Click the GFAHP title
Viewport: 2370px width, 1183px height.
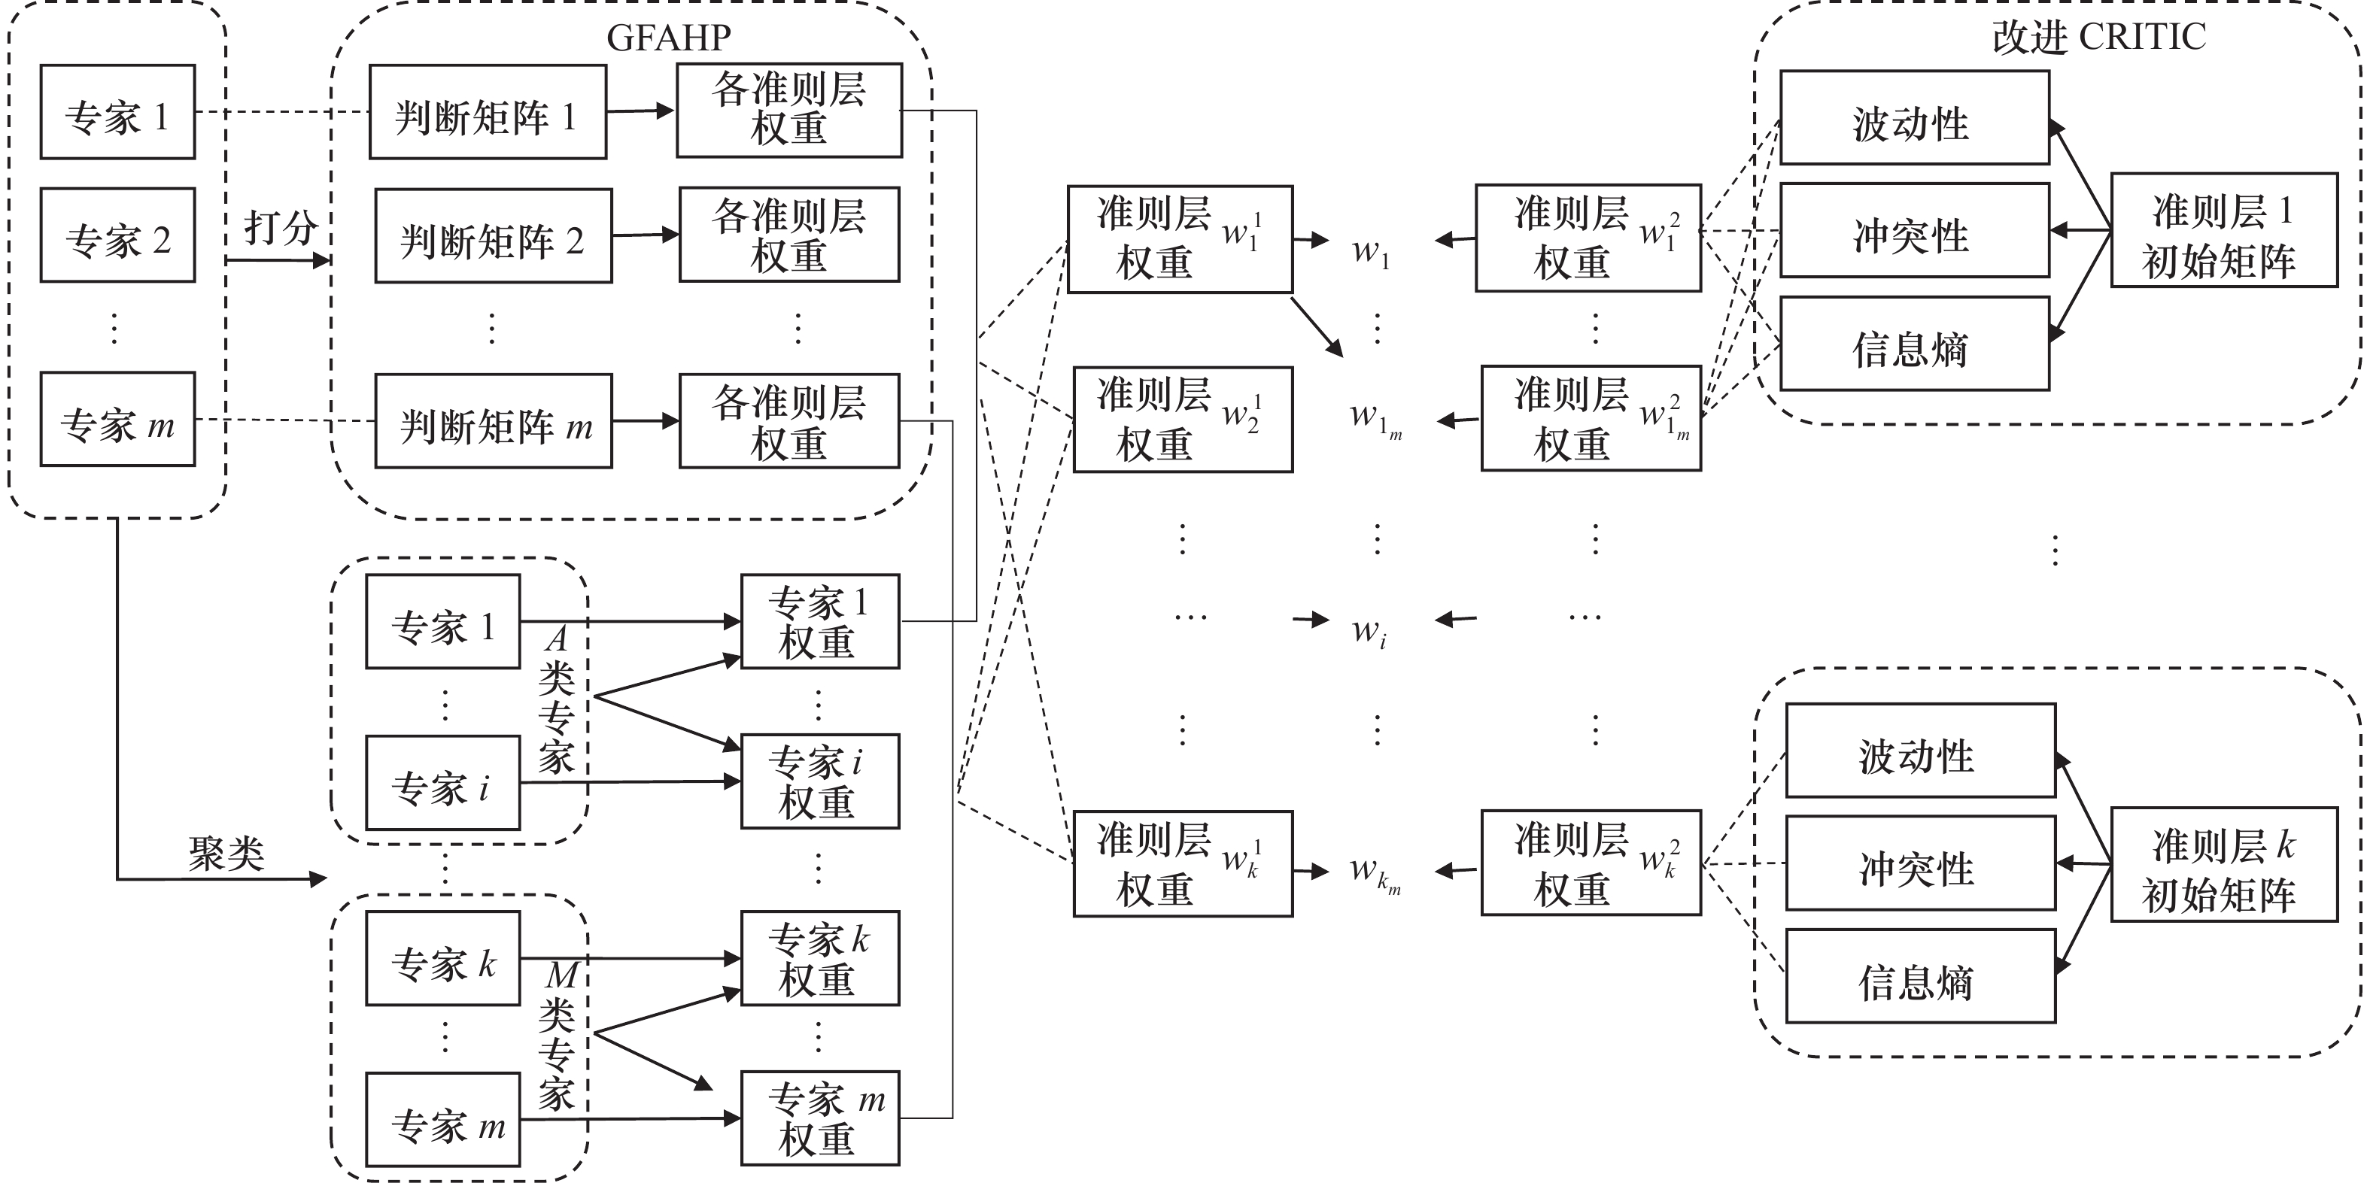tap(669, 37)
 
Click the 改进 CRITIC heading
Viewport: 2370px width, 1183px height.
tap(2098, 37)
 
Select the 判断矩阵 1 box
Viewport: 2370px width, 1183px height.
tap(488, 112)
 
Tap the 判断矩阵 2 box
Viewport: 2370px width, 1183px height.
tap(493, 236)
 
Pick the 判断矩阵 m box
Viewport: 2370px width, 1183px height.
tap(493, 421)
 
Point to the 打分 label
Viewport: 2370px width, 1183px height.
tap(280, 227)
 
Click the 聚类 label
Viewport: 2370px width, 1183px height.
tap(226, 854)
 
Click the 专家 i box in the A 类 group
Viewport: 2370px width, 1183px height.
tap(442, 783)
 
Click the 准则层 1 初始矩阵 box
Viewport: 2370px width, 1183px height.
tap(2223, 231)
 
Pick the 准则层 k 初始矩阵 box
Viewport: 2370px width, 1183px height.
tap(2223, 865)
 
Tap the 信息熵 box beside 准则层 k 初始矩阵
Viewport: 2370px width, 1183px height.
tap(1920, 976)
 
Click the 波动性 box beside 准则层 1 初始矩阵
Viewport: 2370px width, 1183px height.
tap(1913, 119)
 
